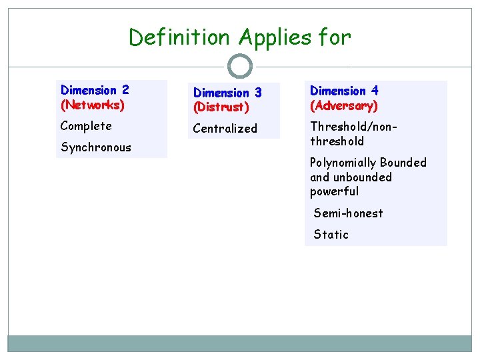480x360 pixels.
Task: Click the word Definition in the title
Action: pyautogui.click(x=175, y=37)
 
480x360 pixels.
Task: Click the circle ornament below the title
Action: pyautogui.click(x=240, y=67)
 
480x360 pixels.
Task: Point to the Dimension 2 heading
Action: pyautogui.click(x=95, y=90)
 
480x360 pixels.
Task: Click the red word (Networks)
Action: pyautogui.click(x=92, y=105)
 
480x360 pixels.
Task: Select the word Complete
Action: pyautogui.click(x=86, y=126)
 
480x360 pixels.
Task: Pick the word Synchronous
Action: pyautogui.click(x=96, y=147)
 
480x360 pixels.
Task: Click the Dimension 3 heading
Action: pyautogui.click(x=227, y=93)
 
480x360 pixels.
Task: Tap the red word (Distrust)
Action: pyautogui.click(x=221, y=107)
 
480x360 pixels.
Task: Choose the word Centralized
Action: pyautogui.click(x=225, y=129)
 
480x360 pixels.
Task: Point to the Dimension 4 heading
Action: pyautogui.click(x=344, y=91)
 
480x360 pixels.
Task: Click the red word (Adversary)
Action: pyautogui.click(x=344, y=105)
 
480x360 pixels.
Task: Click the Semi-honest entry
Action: pyautogui.click(x=348, y=213)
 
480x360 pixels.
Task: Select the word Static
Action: pyautogui.click(x=331, y=235)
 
